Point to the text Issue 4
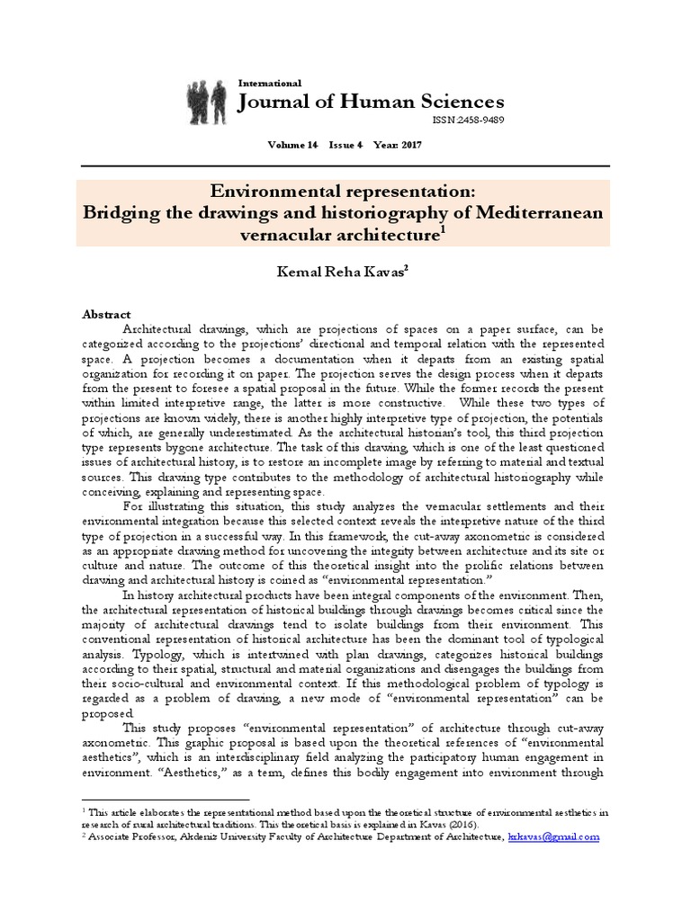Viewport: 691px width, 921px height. point(345,145)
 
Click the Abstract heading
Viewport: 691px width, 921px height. point(107,315)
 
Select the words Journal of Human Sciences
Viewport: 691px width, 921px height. point(370,102)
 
